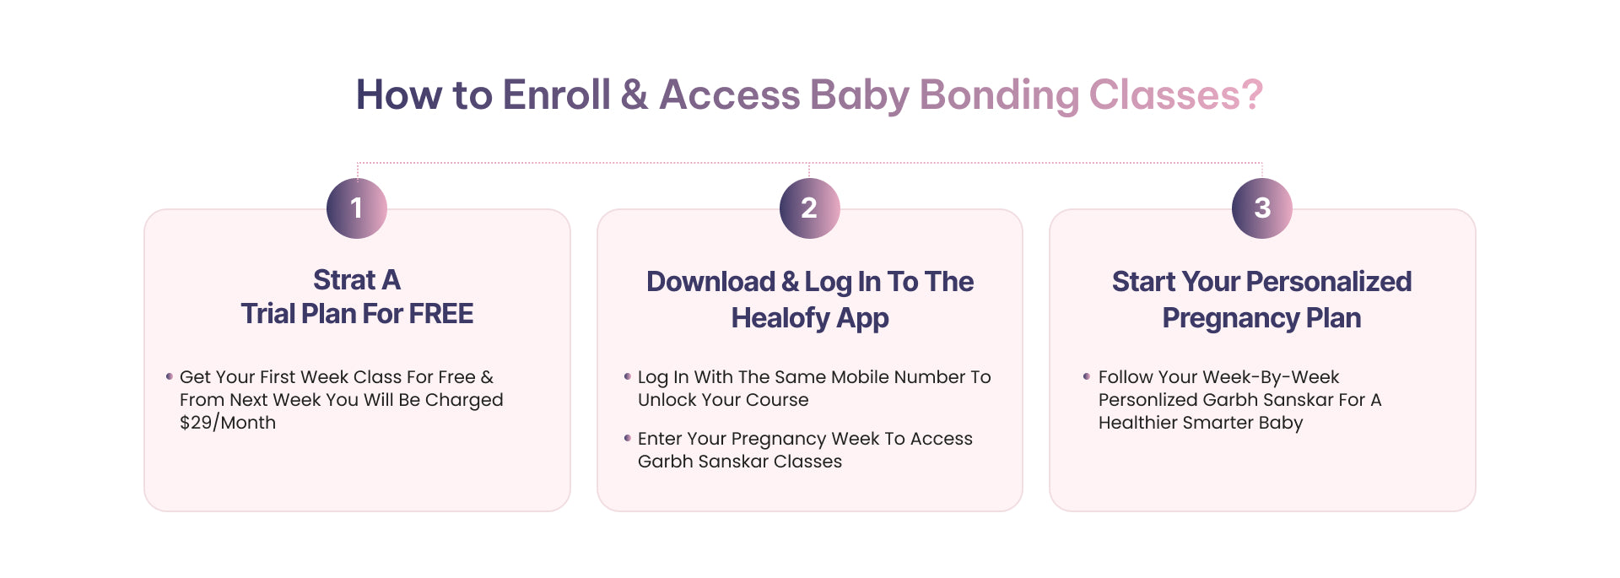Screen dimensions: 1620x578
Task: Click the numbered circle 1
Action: point(357,208)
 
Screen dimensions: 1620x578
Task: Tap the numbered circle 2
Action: point(809,208)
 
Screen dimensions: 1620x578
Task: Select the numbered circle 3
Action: point(1262,208)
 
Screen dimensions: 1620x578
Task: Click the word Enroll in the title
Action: point(557,95)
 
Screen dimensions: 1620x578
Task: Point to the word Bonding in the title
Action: point(999,95)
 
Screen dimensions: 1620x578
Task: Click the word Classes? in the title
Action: point(1176,95)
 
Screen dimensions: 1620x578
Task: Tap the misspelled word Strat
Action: point(344,280)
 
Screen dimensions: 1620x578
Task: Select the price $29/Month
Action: point(228,423)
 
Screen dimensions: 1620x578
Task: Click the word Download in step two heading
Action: point(710,282)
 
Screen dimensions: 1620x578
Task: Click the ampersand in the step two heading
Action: point(790,282)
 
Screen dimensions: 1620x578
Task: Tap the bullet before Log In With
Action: point(627,376)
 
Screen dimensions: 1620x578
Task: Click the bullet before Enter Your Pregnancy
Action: point(627,438)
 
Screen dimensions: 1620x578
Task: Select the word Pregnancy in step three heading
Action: point(1230,318)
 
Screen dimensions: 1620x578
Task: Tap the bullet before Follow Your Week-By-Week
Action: point(1086,376)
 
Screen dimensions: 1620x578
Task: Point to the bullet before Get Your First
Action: point(170,376)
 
